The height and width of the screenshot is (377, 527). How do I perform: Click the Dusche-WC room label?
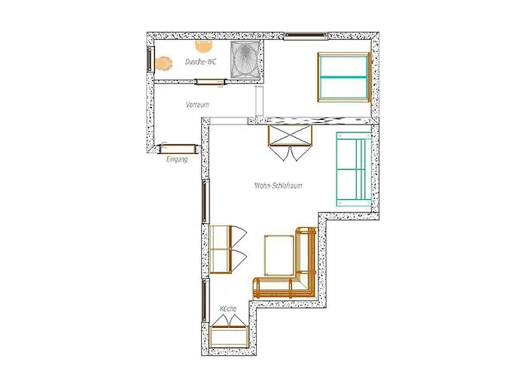[x=201, y=62]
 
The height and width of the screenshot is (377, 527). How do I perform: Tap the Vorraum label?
[x=197, y=105]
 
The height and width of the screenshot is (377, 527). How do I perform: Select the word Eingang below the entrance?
[x=177, y=159]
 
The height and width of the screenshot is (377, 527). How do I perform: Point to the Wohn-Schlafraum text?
[x=279, y=185]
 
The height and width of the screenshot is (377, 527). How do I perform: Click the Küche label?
[x=228, y=308]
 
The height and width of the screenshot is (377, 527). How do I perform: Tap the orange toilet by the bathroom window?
[x=163, y=63]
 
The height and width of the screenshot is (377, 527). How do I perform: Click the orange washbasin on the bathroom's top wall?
[x=204, y=46]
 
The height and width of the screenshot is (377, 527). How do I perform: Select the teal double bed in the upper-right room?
[x=343, y=77]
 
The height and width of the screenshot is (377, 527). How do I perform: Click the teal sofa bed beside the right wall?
[x=354, y=169]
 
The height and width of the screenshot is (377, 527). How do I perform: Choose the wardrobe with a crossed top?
[x=290, y=136]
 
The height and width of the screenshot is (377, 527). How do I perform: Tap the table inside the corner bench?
[x=279, y=255]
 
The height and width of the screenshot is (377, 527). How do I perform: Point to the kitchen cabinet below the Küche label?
[x=229, y=336]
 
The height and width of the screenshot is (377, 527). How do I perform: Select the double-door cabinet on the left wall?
[x=221, y=249]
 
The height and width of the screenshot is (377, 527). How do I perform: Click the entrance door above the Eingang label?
[x=178, y=149]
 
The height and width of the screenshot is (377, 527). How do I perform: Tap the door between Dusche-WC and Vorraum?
[x=210, y=81]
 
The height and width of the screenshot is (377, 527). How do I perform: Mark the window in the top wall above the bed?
[x=306, y=35]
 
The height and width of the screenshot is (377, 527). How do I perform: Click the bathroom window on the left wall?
[x=151, y=60]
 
